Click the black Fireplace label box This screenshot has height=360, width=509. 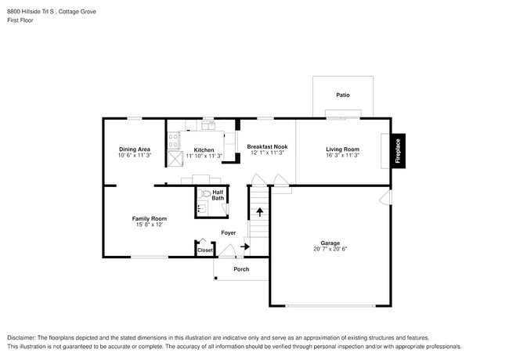click(398, 150)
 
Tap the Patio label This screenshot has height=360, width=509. click(343, 95)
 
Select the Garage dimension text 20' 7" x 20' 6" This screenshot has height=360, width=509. click(330, 249)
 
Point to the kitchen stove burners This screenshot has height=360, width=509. click(173, 140)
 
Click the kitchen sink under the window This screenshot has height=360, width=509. click(208, 124)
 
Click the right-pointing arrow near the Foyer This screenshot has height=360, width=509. click(245, 247)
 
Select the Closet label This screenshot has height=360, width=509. click(205, 250)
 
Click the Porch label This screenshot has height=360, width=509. click(241, 269)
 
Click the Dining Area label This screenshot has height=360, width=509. click(135, 149)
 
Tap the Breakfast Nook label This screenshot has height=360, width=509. click(267, 146)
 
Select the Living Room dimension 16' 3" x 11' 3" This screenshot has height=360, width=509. click(343, 155)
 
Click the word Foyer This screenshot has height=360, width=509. click(228, 232)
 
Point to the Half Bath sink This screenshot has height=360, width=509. click(199, 207)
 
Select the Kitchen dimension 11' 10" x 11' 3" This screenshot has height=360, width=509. click(204, 156)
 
